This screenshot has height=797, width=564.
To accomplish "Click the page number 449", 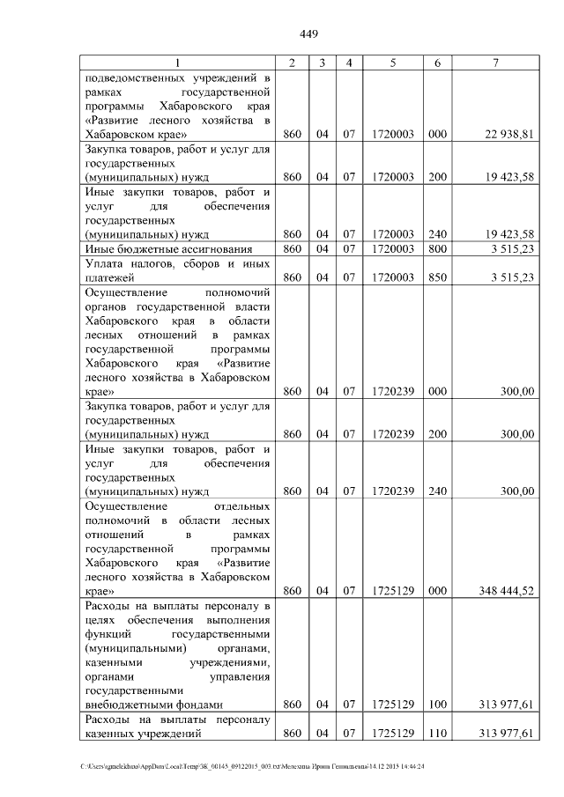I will click(308, 34).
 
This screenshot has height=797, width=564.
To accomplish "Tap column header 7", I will click(496, 63).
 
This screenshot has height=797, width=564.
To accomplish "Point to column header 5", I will click(393, 63).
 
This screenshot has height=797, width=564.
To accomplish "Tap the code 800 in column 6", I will click(437, 249).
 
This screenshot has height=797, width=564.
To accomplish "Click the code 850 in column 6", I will click(437, 277).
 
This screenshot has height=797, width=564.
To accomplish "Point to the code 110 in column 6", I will click(437, 733).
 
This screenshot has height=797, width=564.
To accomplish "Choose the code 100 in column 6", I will click(437, 705).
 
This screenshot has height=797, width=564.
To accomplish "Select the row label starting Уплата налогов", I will click(176, 270).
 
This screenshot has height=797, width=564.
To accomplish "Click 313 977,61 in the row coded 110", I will click(504, 733).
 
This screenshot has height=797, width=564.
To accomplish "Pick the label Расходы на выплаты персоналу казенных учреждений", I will click(176, 726).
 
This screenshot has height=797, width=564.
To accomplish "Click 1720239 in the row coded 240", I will click(393, 491).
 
